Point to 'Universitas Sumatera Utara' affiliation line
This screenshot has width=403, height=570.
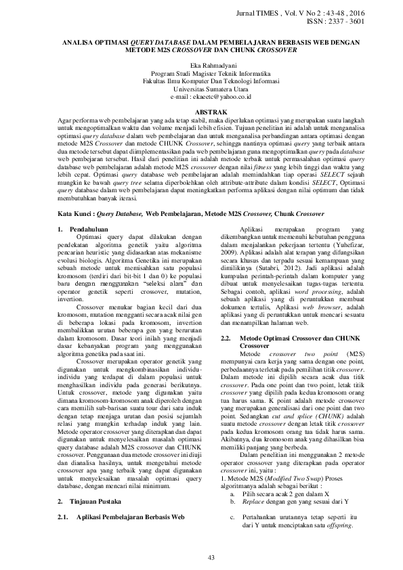[x=201, y=88]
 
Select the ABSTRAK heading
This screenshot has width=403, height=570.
[x=201, y=110]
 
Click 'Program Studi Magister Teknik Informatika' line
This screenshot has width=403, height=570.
[x=201, y=73]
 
